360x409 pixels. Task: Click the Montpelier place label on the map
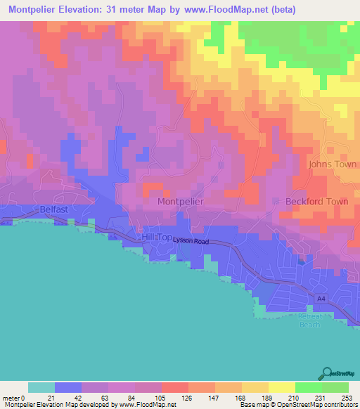(181, 201)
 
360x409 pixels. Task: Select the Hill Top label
(157, 238)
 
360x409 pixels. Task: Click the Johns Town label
(333, 164)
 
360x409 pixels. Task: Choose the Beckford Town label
(317, 201)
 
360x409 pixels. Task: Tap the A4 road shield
(321, 299)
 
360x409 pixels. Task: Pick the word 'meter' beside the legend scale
(11, 397)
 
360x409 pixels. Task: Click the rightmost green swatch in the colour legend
(335, 387)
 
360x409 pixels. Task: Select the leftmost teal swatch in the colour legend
(41, 387)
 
